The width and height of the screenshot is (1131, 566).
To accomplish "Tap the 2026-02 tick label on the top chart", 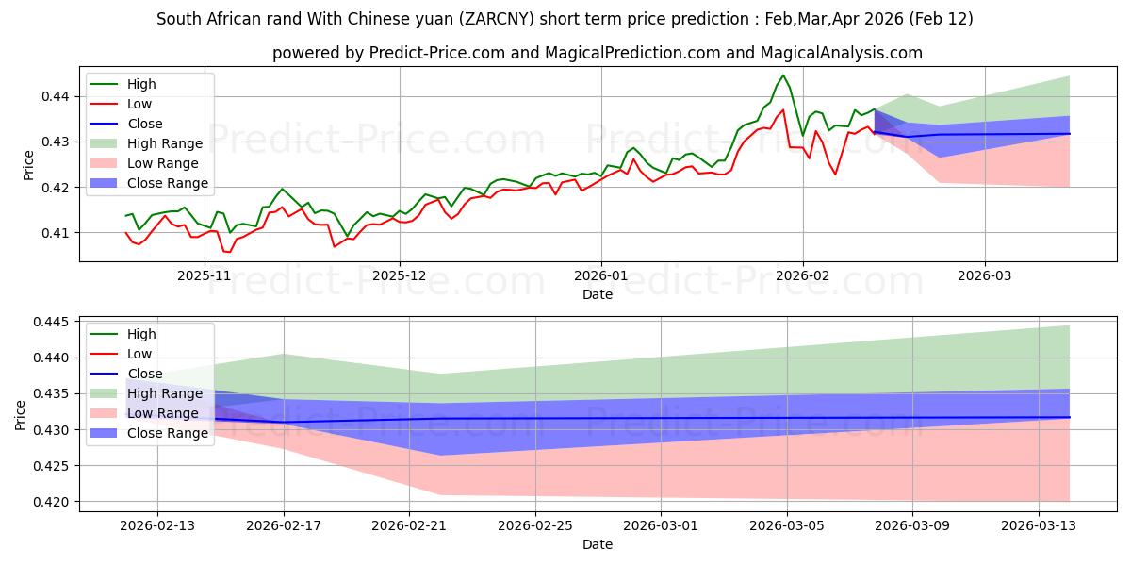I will click(803, 275).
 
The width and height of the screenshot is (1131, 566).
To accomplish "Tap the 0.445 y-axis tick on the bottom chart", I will click(49, 323).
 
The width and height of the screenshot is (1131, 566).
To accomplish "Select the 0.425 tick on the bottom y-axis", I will click(49, 466).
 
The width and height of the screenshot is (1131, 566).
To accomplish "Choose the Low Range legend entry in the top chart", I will click(164, 163).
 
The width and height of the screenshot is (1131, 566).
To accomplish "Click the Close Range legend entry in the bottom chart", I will click(167, 433).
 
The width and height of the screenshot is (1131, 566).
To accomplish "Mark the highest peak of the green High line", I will click(782, 75).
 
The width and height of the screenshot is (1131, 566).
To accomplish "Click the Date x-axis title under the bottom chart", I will click(598, 544).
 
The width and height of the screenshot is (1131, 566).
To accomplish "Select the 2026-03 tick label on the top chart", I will click(985, 275).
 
